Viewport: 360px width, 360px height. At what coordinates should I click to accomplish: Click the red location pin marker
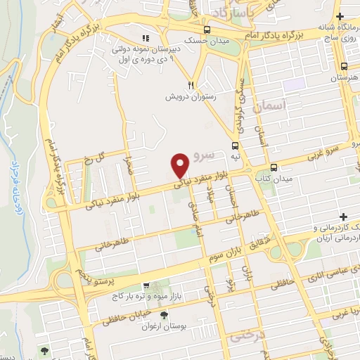coord(180,165)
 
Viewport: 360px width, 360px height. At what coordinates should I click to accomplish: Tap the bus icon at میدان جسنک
coord(207,30)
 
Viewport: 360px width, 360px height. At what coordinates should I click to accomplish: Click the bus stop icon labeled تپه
coord(235,146)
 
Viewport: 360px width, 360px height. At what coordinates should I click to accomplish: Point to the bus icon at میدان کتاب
coord(274,168)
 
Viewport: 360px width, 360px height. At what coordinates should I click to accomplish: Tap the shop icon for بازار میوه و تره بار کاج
coord(145,286)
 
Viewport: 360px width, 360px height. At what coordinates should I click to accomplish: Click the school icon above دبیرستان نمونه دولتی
coord(146,38)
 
